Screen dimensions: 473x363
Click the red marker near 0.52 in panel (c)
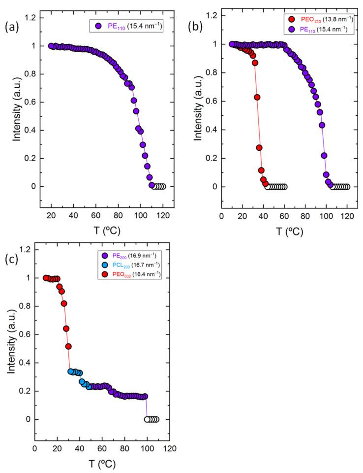(x=68, y=346)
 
